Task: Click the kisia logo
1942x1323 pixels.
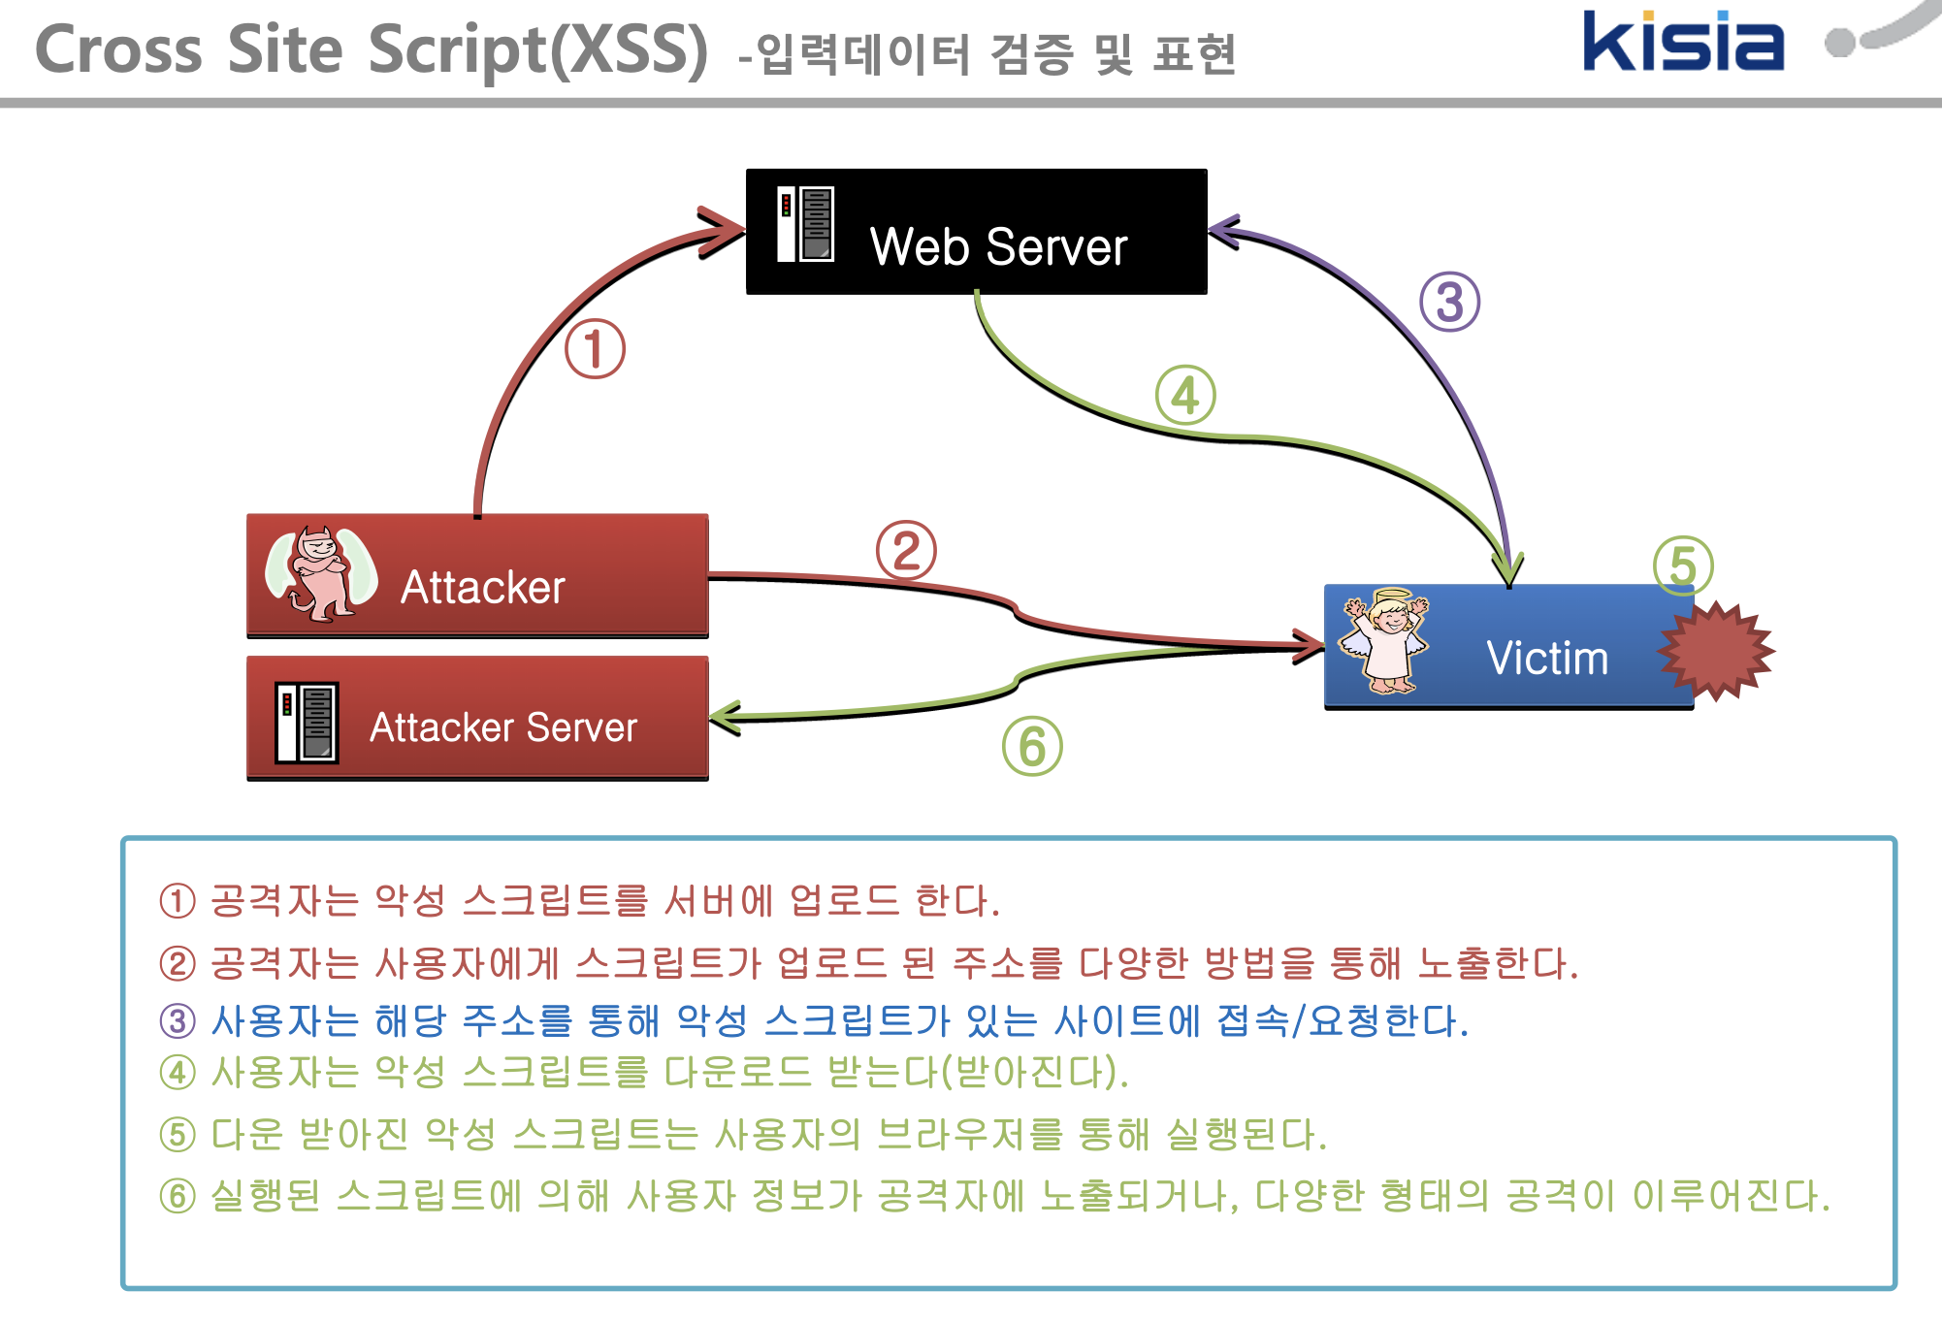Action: [x=1682, y=42]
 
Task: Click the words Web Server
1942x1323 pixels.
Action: [x=998, y=246]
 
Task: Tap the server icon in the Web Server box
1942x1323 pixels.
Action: [x=805, y=224]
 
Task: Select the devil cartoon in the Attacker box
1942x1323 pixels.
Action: [x=321, y=573]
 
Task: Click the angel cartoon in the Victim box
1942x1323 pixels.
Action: [x=1384, y=641]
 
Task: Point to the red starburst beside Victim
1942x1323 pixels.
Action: [x=1716, y=650]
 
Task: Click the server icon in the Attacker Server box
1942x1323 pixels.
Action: [x=307, y=723]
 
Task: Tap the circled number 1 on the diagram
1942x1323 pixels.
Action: [x=595, y=349]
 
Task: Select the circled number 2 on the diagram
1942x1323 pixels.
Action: [x=906, y=551]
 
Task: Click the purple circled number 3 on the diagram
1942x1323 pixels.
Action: [x=1449, y=302]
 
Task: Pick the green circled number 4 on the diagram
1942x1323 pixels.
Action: [x=1184, y=396]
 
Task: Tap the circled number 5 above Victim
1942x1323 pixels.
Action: [x=1683, y=565]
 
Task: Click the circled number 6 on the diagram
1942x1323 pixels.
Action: [x=1032, y=747]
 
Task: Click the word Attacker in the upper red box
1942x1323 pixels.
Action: [x=482, y=588]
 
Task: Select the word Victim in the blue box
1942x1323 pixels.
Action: [x=1547, y=659]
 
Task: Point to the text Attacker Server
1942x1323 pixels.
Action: [x=503, y=727]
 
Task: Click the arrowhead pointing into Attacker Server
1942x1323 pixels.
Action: [x=724, y=718]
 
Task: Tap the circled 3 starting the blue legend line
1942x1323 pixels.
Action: [x=178, y=1020]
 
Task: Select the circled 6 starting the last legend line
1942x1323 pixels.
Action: [x=178, y=1196]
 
